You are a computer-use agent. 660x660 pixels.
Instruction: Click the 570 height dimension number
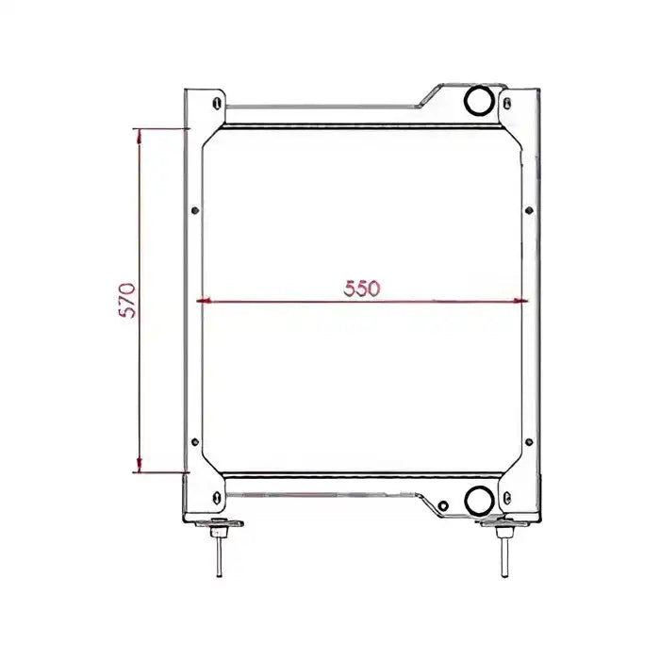coord(129,300)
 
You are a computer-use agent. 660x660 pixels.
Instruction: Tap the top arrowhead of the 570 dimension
coord(140,135)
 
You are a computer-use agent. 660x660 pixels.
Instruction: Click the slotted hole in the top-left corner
coord(218,102)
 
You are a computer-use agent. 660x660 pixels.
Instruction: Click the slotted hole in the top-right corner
coord(509,102)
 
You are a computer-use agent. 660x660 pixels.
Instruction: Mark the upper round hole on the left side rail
coord(194,209)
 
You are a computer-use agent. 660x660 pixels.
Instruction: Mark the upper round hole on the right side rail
coord(531,209)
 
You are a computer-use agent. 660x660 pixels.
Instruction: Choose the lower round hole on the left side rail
coord(194,440)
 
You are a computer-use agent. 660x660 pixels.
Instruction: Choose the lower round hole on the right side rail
coord(531,440)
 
